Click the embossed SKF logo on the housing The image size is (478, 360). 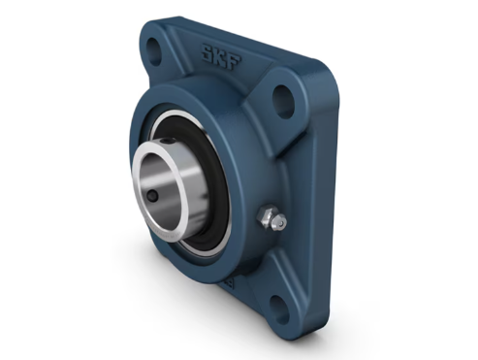(222, 56)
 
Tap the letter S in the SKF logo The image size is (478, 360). (207, 52)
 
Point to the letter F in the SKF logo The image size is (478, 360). (235, 61)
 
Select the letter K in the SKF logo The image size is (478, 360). (221, 56)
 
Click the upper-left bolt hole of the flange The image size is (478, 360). (153, 49)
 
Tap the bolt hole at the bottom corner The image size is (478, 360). (278, 309)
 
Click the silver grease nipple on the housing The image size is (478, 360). (271, 218)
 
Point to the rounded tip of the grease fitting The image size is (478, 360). (281, 222)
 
